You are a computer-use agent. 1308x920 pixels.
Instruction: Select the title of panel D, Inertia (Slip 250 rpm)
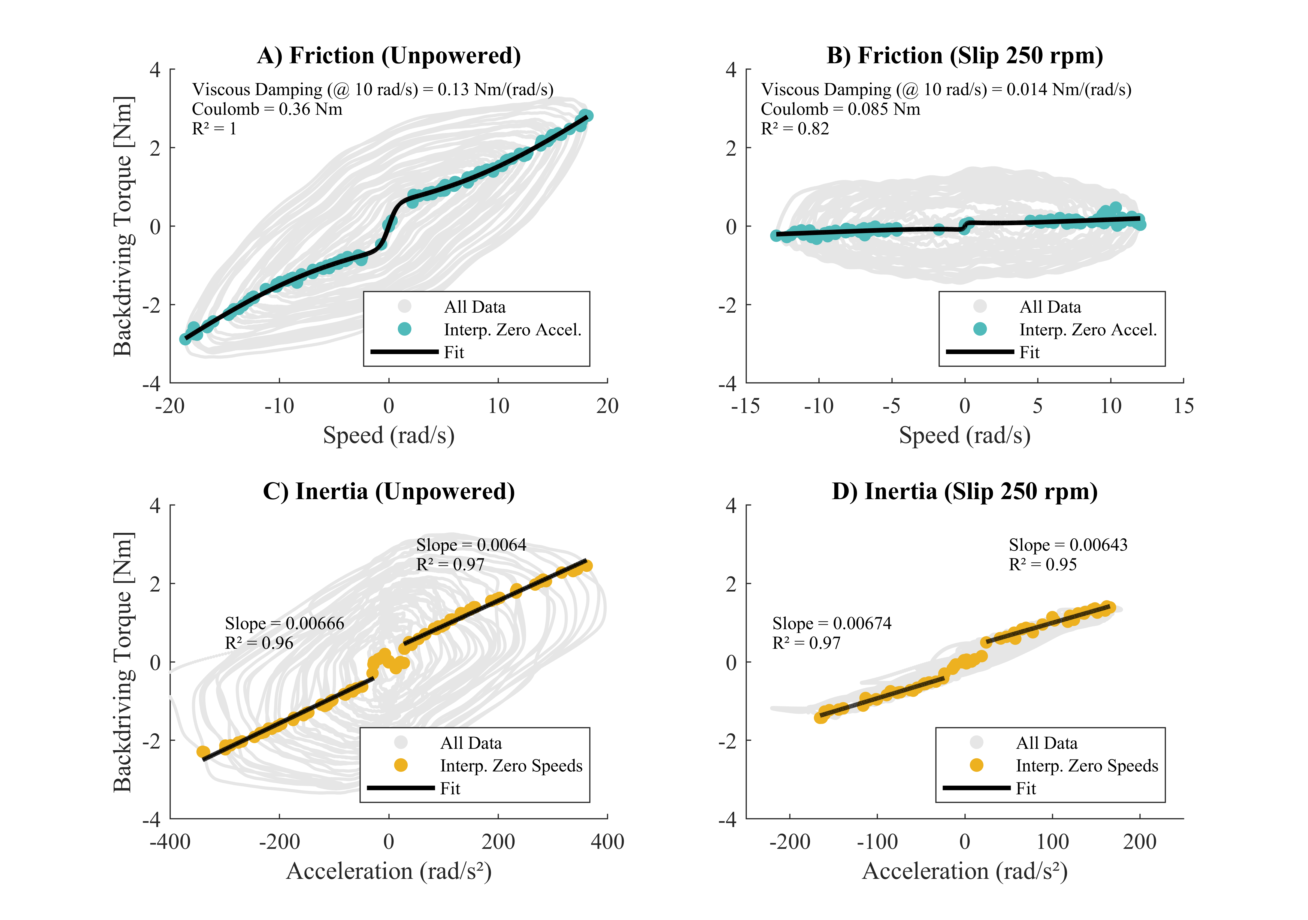[x=964, y=491]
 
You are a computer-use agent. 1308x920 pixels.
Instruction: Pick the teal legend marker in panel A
[x=404, y=329]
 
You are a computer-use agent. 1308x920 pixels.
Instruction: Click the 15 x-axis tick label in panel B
[x=1183, y=406]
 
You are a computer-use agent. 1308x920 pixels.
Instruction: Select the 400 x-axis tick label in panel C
[x=607, y=842]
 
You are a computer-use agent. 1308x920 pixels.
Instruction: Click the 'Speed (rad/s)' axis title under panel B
[x=964, y=436]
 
